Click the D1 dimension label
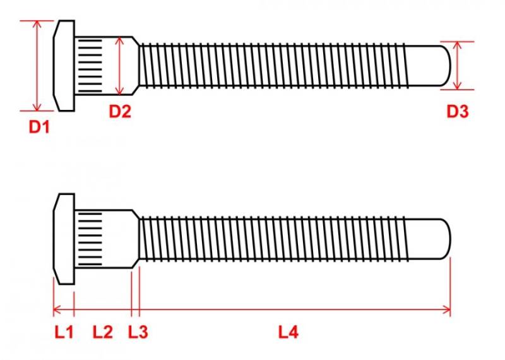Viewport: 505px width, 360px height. (x=39, y=127)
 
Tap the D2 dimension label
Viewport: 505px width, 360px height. (x=120, y=112)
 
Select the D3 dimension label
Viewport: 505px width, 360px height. (x=457, y=112)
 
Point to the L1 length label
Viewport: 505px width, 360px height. (x=64, y=332)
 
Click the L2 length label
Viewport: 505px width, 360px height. (x=103, y=332)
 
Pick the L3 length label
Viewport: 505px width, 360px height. (x=138, y=332)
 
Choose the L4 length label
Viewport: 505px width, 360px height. (x=288, y=332)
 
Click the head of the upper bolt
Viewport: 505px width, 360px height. (x=64, y=66)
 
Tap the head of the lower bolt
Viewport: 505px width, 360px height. (x=64, y=239)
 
